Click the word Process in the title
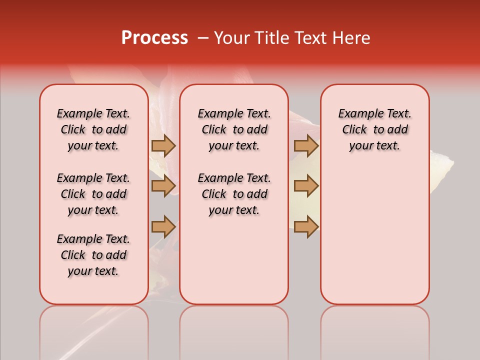(x=154, y=38)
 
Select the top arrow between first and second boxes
(x=163, y=146)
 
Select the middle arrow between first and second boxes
(x=163, y=186)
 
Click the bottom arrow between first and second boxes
(x=163, y=226)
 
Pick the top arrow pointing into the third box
(x=306, y=146)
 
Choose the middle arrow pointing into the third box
(x=306, y=186)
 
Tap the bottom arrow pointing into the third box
(x=306, y=226)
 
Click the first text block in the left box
(x=93, y=129)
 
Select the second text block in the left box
(x=93, y=194)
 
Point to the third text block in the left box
(x=93, y=255)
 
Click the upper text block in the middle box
(x=234, y=129)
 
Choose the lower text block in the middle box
(x=234, y=194)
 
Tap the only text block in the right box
(x=375, y=129)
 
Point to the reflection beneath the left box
(x=94, y=330)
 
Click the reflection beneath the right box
(x=375, y=330)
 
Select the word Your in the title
(x=231, y=38)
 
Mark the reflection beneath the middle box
(x=234, y=330)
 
